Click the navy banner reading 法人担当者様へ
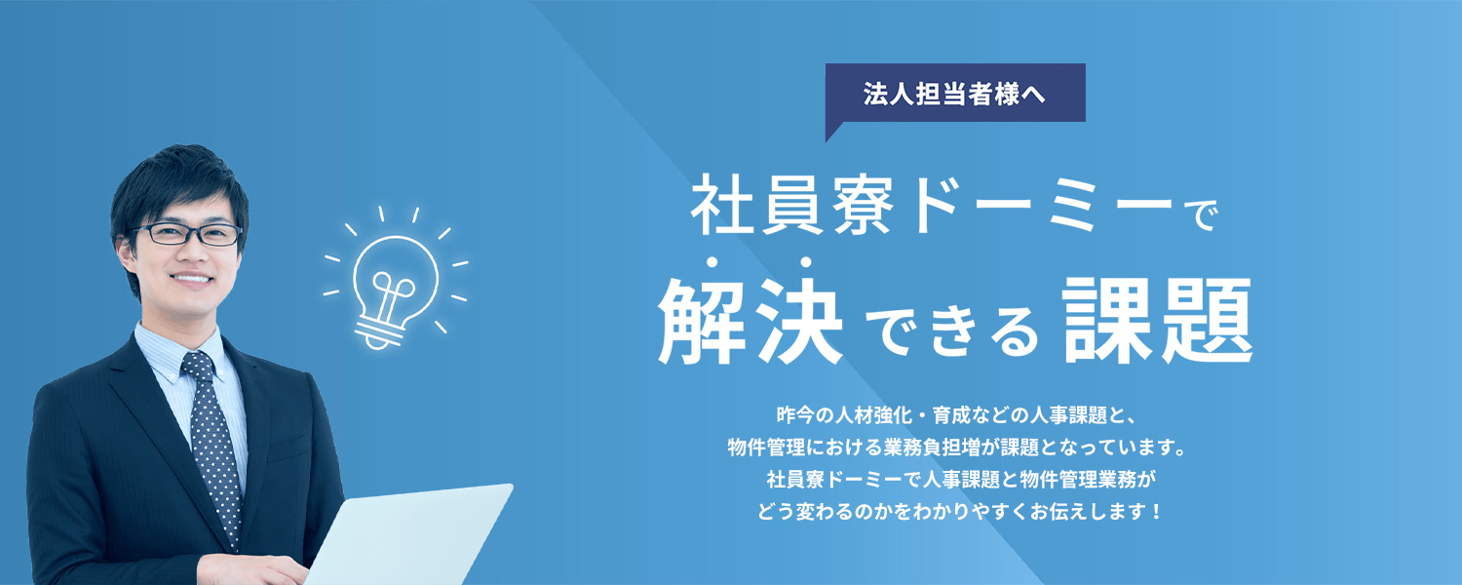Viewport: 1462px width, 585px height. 955,94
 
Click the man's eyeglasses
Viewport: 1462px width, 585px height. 187,234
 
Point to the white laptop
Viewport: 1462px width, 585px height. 408,535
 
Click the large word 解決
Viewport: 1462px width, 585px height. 750,320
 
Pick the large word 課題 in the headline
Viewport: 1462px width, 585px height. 1158,320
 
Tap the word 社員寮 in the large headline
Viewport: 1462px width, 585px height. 792,205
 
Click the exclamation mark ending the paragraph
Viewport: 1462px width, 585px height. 1157,511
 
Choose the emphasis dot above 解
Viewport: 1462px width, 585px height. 712,262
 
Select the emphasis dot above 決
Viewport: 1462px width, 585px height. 806,262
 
